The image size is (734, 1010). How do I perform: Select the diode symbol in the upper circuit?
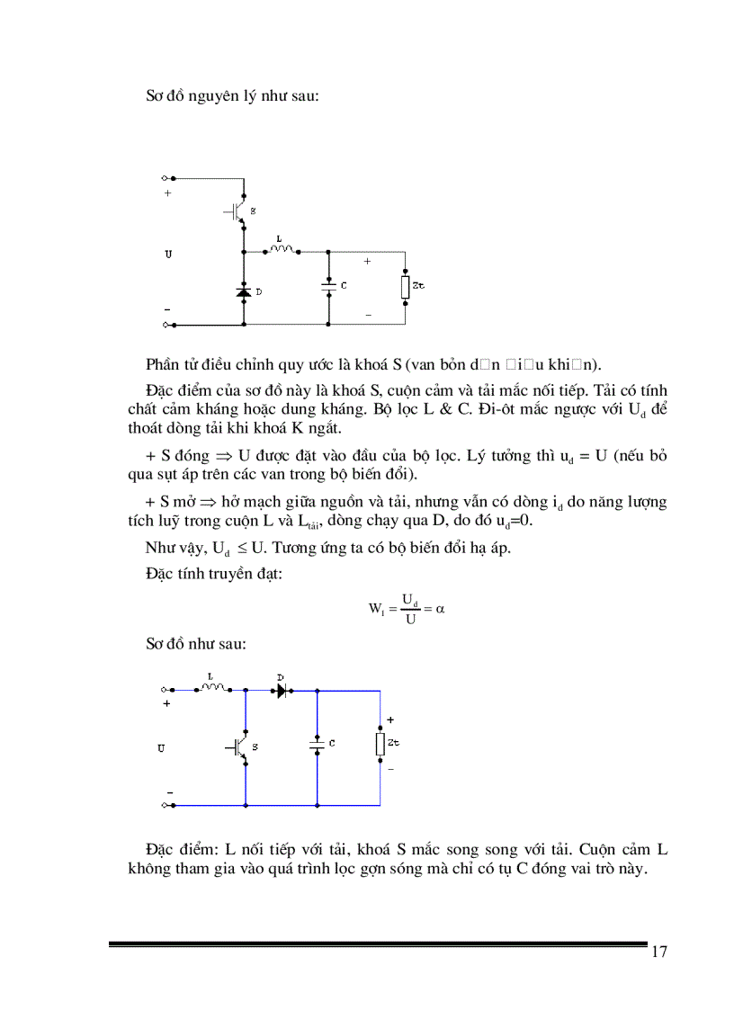pyautogui.click(x=244, y=291)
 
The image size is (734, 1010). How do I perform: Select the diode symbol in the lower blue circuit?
pyautogui.click(x=281, y=691)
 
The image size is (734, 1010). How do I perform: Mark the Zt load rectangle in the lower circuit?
pyautogui.click(x=380, y=744)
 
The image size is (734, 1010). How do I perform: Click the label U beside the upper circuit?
pyautogui.click(x=167, y=255)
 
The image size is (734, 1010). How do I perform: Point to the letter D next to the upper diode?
pyautogui.click(x=259, y=292)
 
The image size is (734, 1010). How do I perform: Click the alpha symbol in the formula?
pyautogui.click(x=441, y=609)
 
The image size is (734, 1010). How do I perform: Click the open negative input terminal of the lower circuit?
pyautogui.click(x=166, y=806)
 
